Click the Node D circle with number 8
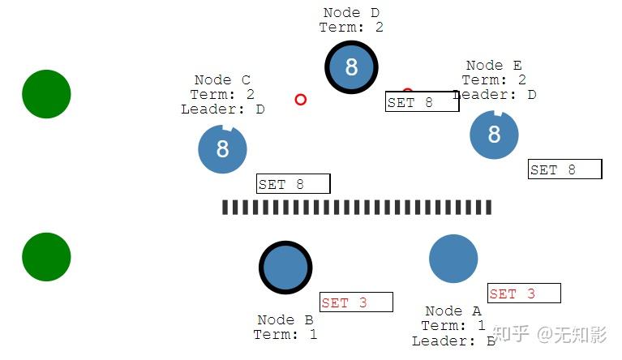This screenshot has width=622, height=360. coord(351,67)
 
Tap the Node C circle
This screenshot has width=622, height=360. coord(222,150)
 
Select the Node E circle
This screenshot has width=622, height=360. coord(494,134)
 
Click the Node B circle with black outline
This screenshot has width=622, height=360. coord(285,268)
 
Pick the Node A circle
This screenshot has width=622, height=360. coord(453,259)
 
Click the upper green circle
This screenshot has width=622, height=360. coord(46,94)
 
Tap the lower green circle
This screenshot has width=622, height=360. coord(46,257)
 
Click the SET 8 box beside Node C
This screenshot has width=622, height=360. coord(293,183)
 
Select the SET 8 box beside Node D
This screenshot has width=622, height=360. coord(422,101)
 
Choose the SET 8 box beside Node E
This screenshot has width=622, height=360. coord(564,169)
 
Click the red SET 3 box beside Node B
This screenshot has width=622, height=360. coord(356,302)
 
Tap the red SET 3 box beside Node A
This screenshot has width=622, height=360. coord(523,293)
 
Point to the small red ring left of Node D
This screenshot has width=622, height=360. coord(301,100)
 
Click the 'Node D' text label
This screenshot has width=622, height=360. coord(351,13)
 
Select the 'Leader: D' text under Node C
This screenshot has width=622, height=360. coord(223,109)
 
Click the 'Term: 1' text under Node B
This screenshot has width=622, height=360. coord(285,334)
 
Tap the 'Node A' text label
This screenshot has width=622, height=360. coord(453,311)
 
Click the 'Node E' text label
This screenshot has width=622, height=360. coord(494,66)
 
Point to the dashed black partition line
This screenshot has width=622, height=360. coord(357,208)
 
